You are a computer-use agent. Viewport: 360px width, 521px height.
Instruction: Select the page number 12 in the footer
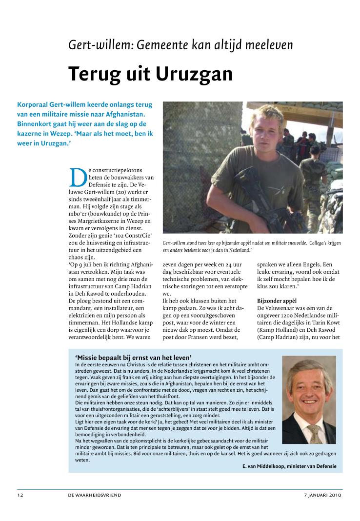coord(20,495)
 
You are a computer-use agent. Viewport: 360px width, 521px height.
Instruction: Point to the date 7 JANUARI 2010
coord(322,495)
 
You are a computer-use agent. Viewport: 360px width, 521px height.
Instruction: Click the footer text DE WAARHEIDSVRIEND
coord(95,495)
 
